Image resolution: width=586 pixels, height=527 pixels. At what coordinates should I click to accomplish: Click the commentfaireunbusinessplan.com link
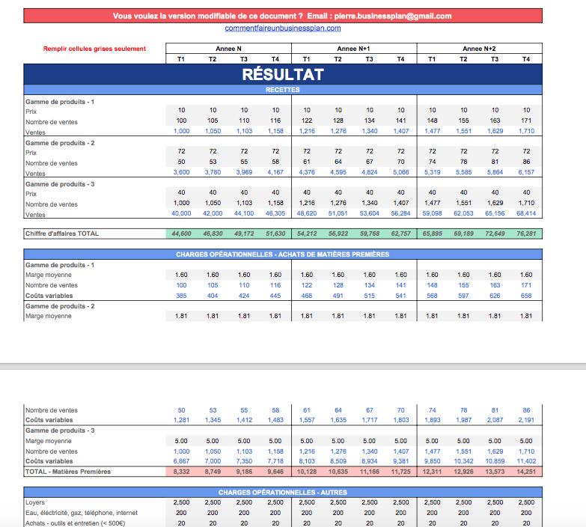283,28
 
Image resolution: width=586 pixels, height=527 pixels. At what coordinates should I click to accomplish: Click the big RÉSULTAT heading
283,74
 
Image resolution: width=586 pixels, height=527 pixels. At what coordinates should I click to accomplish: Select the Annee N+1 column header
353,49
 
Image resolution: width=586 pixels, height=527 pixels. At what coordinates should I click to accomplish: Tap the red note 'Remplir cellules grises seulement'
94,49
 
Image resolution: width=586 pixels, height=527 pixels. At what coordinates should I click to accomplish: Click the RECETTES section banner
283,90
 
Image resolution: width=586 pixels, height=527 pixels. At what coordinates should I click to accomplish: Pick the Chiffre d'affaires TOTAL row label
62,234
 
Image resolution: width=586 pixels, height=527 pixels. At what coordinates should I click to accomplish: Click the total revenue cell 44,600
181,234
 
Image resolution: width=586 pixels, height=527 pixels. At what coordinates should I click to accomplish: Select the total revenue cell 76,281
526,234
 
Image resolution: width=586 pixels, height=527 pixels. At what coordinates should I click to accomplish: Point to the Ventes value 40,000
181,213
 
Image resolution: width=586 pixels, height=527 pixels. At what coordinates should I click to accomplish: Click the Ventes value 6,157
526,172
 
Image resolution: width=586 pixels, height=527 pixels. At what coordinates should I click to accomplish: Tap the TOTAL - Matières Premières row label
68,472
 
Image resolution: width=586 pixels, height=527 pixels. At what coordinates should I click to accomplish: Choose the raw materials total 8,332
181,472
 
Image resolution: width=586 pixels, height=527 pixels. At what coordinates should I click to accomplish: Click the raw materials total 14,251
526,472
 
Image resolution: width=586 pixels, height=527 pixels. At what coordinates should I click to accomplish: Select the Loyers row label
35,502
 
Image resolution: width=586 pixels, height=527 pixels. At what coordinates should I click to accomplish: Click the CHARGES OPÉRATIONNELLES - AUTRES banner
283,493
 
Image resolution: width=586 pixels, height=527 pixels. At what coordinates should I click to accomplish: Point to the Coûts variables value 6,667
181,461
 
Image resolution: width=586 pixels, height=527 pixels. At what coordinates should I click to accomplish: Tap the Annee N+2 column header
479,49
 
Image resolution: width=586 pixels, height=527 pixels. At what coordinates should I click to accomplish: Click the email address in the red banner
393,16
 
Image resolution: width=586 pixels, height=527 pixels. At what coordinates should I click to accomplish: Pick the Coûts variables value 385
181,296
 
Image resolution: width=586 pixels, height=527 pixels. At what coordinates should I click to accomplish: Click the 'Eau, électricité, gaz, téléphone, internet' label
82,513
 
